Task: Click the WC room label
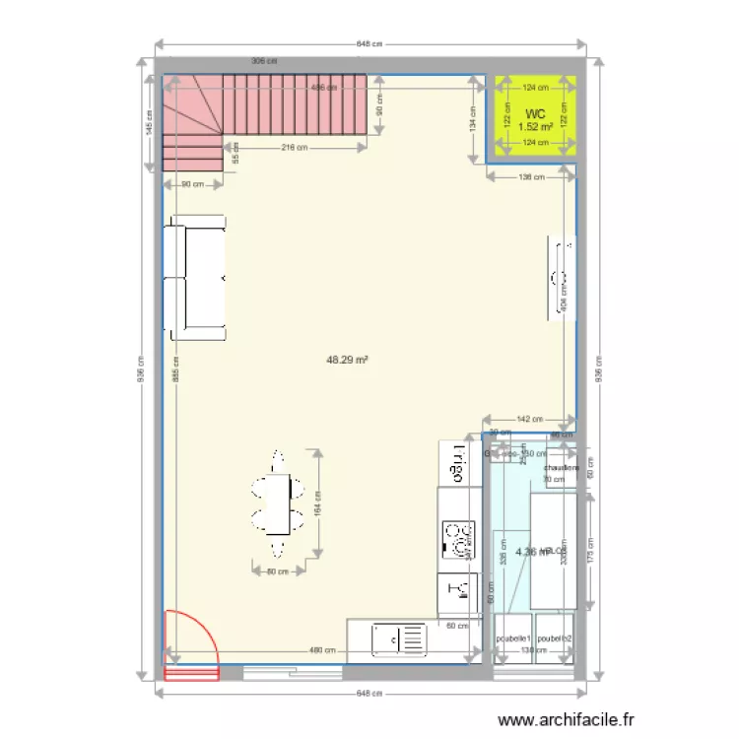tap(535, 114)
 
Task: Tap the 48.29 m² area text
tap(347, 361)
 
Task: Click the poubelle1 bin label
tap(513, 638)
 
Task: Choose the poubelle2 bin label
tap(555, 638)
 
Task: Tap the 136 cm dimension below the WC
tap(530, 177)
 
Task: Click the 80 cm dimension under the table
tap(277, 571)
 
